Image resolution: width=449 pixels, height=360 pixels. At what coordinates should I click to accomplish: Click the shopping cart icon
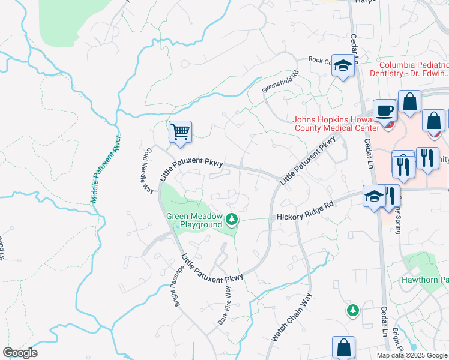pyautogui.click(x=180, y=131)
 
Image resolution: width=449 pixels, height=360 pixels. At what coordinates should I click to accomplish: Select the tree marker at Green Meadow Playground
pyautogui.click(x=232, y=219)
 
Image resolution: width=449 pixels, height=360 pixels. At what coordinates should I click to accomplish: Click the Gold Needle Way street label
pyautogui.click(x=146, y=171)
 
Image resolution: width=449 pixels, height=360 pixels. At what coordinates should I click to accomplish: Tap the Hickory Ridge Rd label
pyautogui.click(x=304, y=212)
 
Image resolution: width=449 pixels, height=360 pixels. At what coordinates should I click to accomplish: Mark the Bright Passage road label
pyautogui.click(x=176, y=288)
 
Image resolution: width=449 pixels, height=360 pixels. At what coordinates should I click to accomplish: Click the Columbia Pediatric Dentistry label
pyautogui.click(x=414, y=69)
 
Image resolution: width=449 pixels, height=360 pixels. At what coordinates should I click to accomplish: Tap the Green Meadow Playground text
pyautogui.click(x=194, y=221)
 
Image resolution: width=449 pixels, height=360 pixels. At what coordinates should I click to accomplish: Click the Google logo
pyautogui.click(x=20, y=353)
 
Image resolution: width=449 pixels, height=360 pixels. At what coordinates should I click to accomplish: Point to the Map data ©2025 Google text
pyautogui.click(x=412, y=355)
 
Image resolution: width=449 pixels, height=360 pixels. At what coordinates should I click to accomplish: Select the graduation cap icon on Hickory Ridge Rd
pyautogui.click(x=373, y=196)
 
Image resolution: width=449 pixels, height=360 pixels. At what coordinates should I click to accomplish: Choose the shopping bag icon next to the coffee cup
pyautogui.click(x=410, y=103)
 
